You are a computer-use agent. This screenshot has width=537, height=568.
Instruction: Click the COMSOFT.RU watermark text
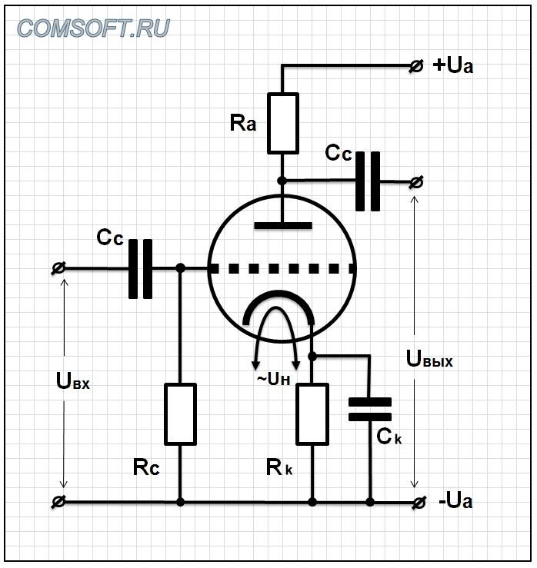(x=94, y=28)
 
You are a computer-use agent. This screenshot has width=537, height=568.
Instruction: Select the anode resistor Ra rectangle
(x=282, y=123)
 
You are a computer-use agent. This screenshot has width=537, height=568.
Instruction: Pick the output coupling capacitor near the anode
(x=368, y=181)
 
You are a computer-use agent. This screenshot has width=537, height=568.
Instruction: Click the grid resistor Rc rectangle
(x=180, y=414)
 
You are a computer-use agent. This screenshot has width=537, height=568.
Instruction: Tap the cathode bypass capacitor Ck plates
(x=370, y=409)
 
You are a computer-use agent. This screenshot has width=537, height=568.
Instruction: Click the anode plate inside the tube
(x=282, y=226)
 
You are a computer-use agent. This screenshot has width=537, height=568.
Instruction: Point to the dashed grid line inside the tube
(x=282, y=268)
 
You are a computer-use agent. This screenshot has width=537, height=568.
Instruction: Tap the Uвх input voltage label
(x=73, y=380)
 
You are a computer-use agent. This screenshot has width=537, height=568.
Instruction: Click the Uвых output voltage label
(x=429, y=359)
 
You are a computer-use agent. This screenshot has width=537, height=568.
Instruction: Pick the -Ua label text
(x=455, y=502)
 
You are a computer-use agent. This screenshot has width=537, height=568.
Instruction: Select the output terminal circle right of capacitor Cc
(x=416, y=182)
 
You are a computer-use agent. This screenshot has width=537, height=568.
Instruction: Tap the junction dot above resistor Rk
(x=312, y=356)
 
